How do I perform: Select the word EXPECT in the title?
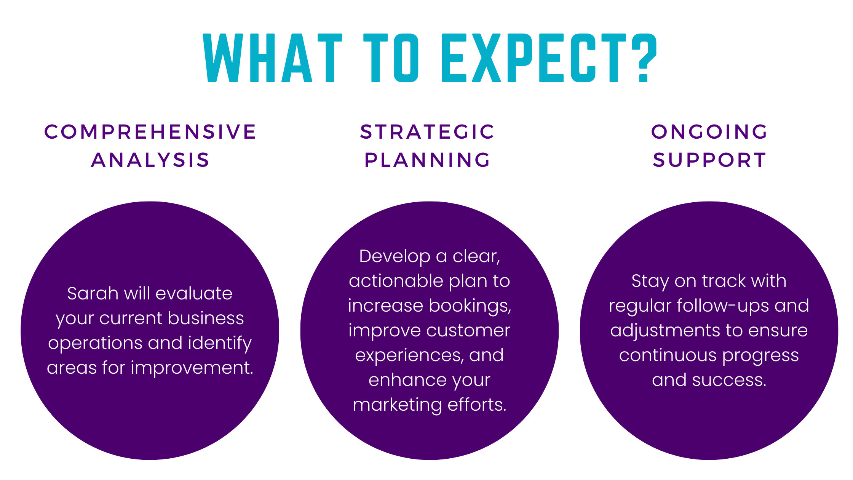tap(533, 58)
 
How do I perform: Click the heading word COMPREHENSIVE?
tap(150, 132)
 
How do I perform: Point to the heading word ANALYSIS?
tap(150, 160)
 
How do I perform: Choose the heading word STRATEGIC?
tap(427, 132)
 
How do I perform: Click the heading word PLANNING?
tap(427, 160)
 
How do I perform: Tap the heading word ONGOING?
tap(709, 132)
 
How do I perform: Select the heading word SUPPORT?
tap(709, 160)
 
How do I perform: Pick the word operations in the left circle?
tap(95, 343)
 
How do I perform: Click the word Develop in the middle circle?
tap(395, 256)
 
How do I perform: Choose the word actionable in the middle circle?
tap(396, 281)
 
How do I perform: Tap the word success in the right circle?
tap(729, 380)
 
